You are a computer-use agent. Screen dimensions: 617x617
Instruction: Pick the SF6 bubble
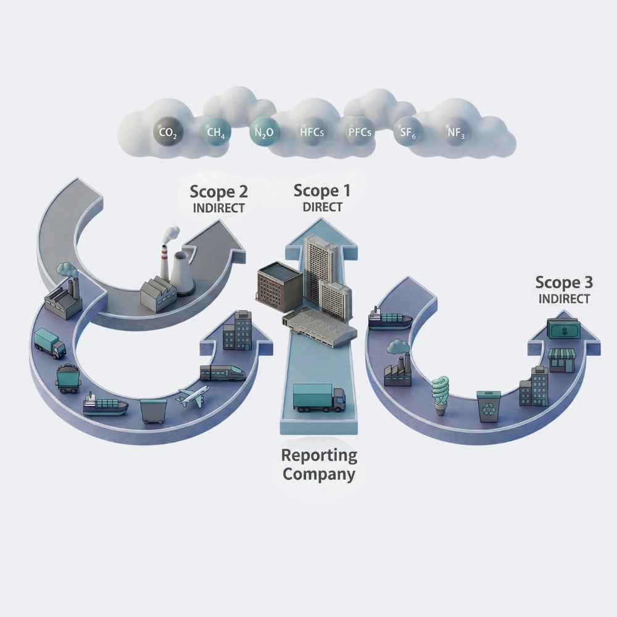point(404,132)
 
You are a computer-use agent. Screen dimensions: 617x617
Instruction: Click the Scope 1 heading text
point(321,191)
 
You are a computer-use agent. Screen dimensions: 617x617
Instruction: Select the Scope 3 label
point(563,283)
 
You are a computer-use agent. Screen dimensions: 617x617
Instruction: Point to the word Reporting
point(319,456)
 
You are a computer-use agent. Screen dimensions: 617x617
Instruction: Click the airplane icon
point(193,395)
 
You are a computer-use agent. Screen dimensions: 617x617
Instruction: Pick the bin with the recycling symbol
point(491,406)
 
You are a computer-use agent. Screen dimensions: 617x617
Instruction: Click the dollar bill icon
point(563,331)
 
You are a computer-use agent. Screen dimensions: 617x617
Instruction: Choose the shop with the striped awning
point(561,358)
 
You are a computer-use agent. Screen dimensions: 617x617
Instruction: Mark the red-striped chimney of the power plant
point(165,262)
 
